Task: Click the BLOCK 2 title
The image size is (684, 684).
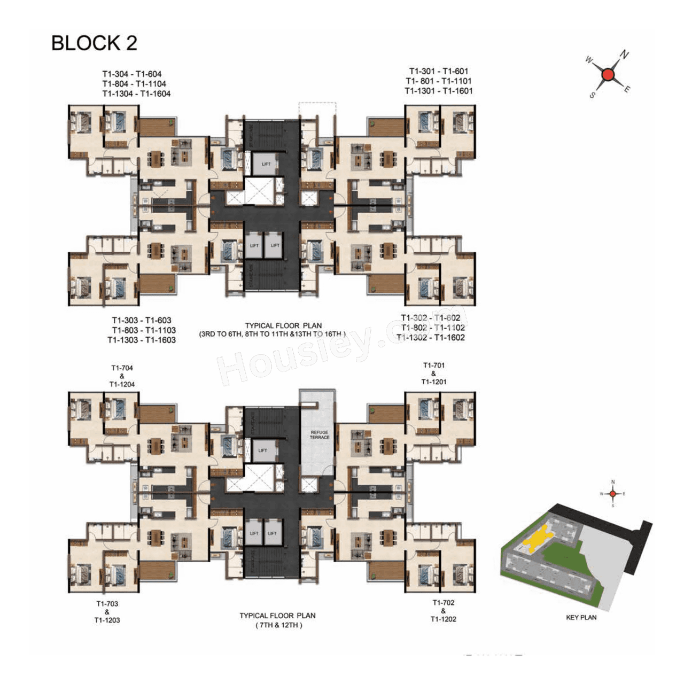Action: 94,43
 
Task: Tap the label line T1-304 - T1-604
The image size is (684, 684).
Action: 132,74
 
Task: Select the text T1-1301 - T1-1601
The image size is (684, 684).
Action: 438,91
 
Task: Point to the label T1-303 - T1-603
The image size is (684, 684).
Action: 141,321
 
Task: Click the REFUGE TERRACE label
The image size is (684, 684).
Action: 319,434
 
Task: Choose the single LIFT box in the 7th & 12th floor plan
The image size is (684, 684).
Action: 262,450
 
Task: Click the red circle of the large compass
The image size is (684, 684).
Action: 608,75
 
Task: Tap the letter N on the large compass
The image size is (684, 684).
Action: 624,55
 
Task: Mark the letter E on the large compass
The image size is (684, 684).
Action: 627,89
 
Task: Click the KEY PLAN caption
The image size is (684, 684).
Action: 581,617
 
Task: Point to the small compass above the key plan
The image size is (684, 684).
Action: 613,493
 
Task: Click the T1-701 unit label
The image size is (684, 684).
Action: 433,366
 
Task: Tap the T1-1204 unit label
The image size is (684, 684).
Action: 122,384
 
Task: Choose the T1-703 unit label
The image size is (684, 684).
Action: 107,603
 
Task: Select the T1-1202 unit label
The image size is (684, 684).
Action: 443,619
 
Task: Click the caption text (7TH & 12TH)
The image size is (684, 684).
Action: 278,625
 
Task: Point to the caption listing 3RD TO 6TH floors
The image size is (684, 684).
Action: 273,334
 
